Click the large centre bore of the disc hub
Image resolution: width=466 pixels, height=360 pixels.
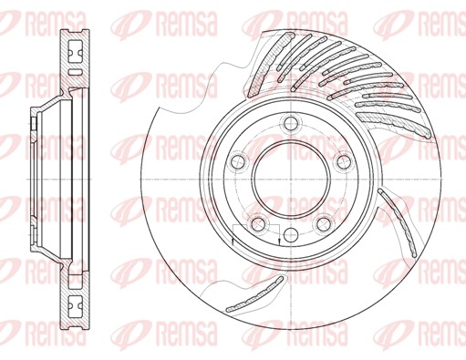(x=291, y=180)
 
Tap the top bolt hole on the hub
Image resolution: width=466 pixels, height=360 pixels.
(x=291, y=123)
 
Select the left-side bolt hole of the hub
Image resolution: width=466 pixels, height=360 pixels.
(x=238, y=161)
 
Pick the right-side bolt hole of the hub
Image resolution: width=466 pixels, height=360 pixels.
(x=345, y=161)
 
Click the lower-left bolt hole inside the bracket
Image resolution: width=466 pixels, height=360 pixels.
(x=258, y=225)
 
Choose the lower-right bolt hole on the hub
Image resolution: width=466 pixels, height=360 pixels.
(x=323, y=225)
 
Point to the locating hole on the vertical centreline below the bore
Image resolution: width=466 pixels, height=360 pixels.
(x=291, y=234)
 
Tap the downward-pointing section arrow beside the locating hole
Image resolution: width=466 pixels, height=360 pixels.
(x=279, y=241)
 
